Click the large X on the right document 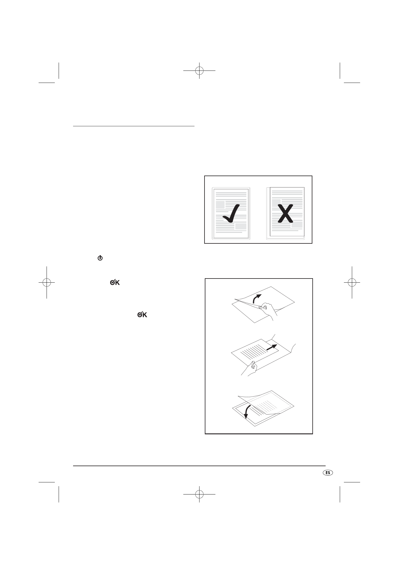(x=286, y=213)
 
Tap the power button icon (x=100, y=258)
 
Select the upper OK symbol (x=115, y=283)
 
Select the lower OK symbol (x=142, y=315)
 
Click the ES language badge (x=327, y=472)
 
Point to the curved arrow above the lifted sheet (x=257, y=298)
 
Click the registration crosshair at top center (x=199, y=71)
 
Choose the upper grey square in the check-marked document (x=220, y=205)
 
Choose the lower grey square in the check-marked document (x=241, y=226)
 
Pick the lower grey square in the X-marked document (x=297, y=225)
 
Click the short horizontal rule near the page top (x=134, y=126)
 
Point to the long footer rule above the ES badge (x=199, y=466)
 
